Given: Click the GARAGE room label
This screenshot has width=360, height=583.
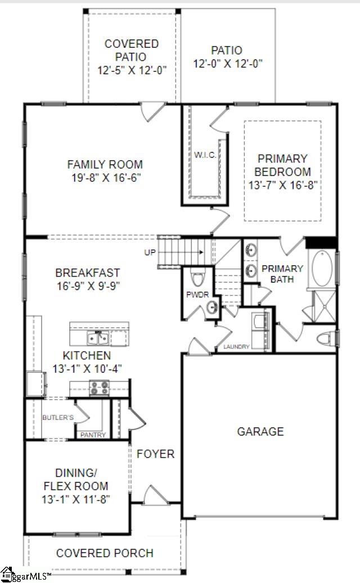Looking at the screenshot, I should (x=260, y=432).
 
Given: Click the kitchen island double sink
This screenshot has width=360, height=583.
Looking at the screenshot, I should (x=98, y=338).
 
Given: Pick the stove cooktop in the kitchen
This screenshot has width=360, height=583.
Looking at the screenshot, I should (x=100, y=388).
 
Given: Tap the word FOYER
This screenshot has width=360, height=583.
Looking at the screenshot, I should (x=156, y=454).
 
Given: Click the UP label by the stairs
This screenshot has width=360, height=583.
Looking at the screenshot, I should (x=150, y=252).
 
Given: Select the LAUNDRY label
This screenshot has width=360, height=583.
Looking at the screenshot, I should (x=236, y=347).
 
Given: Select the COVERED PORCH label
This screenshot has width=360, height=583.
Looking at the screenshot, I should (x=105, y=553).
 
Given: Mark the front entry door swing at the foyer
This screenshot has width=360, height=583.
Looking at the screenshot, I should (x=154, y=496).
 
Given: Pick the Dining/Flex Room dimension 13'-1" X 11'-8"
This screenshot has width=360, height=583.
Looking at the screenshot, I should (x=74, y=498).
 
